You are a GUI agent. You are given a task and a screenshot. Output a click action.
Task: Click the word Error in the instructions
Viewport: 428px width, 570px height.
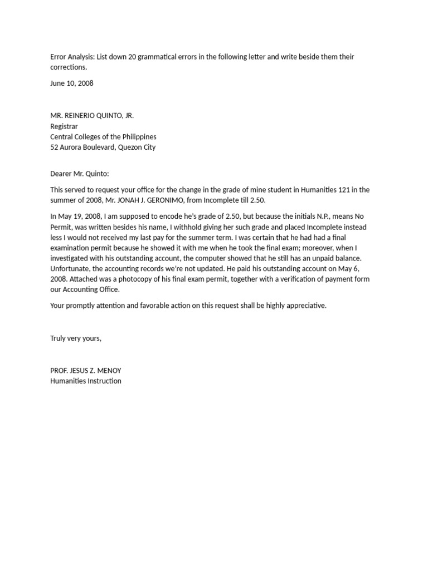click(59, 57)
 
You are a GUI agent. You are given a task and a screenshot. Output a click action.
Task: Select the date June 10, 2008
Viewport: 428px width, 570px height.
click(72, 83)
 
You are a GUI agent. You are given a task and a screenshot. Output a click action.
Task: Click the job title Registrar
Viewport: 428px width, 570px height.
click(64, 126)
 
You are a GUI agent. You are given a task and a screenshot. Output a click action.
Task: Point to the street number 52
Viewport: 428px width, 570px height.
click(54, 148)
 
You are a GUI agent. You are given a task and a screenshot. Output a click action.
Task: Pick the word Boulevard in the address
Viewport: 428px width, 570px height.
click(98, 148)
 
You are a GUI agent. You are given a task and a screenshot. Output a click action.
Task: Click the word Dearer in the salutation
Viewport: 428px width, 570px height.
click(62, 174)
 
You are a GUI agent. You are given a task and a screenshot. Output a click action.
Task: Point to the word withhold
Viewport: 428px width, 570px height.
click(165, 227)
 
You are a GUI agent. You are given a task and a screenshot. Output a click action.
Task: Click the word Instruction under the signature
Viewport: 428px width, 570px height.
click(103, 381)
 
